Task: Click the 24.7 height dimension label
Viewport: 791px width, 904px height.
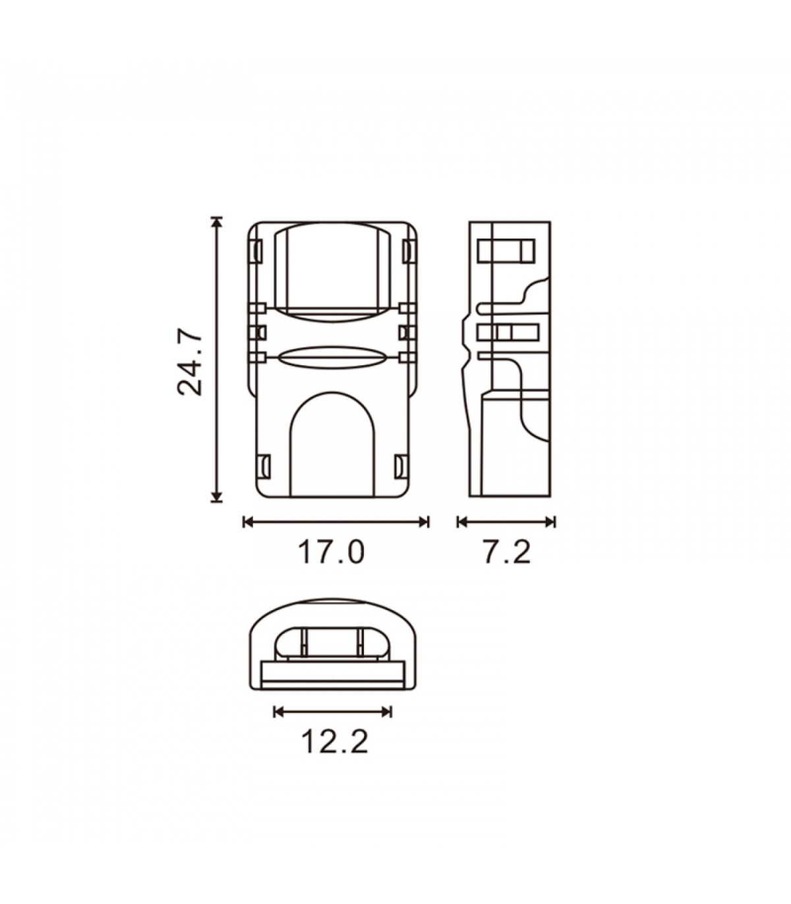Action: click(190, 361)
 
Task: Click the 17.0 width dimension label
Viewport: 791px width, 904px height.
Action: click(332, 552)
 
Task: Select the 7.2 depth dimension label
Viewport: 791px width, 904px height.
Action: click(506, 552)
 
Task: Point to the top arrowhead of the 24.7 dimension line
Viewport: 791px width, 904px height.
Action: click(216, 222)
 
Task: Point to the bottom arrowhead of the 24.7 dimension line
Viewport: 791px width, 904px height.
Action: click(216, 497)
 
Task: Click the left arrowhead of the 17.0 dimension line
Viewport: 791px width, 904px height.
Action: click(249, 522)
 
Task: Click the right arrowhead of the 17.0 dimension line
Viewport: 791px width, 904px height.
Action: click(424, 522)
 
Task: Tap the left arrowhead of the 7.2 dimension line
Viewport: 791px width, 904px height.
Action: click(463, 522)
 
